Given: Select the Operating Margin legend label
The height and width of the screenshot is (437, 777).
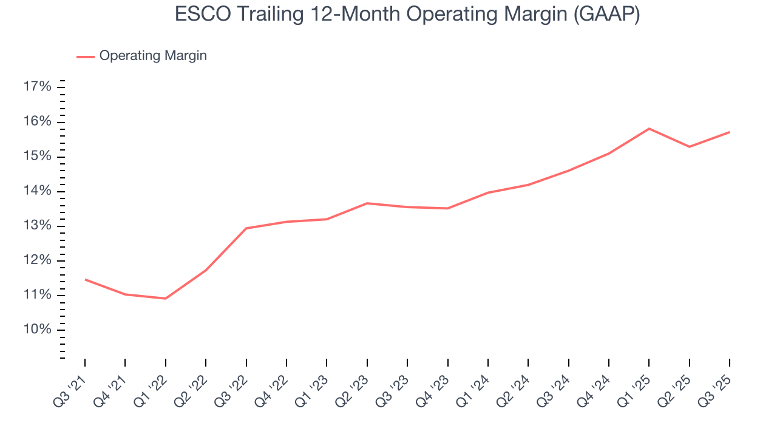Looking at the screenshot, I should pyautogui.click(x=153, y=56).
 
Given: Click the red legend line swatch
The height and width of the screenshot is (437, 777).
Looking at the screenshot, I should pyautogui.click(x=85, y=56).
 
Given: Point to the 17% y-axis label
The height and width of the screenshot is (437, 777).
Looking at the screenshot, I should pyautogui.click(x=37, y=87).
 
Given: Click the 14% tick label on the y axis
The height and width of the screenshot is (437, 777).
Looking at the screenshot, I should pyautogui.click(x=37, y=191).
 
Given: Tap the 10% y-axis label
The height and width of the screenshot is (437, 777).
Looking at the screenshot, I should pyautogui.click(x=37, y=330).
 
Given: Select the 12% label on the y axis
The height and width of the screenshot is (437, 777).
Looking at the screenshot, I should pyautogui.click(x=37, y=260).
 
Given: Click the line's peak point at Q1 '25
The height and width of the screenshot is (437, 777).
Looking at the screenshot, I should pyautogui.click(x=649, y=129).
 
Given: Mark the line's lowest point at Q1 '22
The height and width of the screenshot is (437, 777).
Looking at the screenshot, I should pyautogui.click(x=165, y=299).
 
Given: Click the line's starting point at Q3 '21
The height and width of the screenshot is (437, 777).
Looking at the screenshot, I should pyautogui.click(x=85, y=279).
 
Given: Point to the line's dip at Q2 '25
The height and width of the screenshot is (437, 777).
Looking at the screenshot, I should pyautogui.click(x=689, y=147).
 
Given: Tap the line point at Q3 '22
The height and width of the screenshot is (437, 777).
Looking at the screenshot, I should pyautogui.click(x=246, y=228).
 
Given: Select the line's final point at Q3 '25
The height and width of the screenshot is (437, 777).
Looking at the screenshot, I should pyautogui.click(x=729, y=132).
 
